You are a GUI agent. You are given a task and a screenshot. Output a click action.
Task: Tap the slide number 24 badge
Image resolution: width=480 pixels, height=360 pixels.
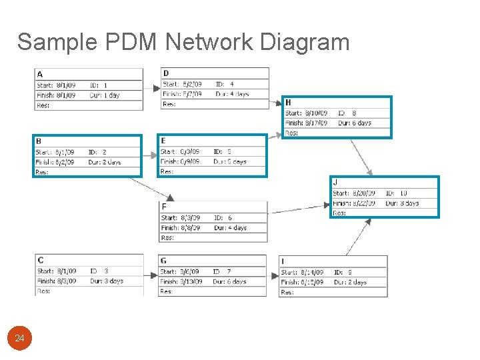[19, 339]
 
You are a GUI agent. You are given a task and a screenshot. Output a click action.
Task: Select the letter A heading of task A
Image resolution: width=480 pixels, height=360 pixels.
[40, 74]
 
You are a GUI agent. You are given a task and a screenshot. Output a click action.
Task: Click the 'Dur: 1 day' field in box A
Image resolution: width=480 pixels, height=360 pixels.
[104, 95]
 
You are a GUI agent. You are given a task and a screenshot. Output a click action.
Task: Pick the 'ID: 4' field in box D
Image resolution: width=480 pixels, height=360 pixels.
[224, 85]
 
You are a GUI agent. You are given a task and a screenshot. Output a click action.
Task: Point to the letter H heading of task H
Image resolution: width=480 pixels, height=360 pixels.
[288, 103]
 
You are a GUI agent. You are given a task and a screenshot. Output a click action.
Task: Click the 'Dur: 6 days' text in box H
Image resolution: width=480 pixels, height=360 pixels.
[355, 123]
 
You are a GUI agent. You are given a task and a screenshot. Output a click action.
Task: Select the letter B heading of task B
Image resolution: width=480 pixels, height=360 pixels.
[39, 141]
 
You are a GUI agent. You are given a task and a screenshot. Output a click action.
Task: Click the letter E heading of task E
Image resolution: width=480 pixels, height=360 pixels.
[163, 141]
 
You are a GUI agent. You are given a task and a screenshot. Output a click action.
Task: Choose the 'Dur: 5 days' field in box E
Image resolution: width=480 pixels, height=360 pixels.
[230, 161]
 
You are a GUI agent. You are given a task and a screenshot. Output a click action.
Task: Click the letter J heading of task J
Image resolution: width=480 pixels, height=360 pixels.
[335, 182]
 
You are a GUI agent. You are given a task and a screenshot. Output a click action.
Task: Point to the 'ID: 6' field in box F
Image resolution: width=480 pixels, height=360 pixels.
[223, 218]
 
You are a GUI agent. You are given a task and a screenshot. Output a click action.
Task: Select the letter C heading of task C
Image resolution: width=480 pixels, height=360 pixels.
[41, 261]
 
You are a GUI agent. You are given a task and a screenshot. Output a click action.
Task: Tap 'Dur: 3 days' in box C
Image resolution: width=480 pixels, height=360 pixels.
[107, 281]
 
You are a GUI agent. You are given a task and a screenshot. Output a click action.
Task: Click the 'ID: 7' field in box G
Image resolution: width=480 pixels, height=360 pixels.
[221, 272]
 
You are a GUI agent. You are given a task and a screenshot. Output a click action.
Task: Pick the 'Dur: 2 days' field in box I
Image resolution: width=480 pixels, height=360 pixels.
[350, 282]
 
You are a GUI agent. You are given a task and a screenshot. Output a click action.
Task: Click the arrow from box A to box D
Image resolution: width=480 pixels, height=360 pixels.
[152, 85]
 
